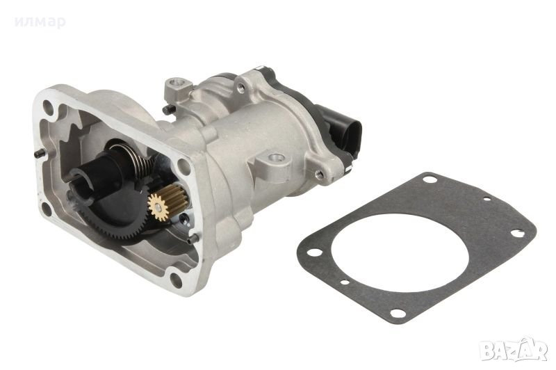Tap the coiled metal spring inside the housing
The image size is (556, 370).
coord(136,156)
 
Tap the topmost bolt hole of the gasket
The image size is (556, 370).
coord(430,179)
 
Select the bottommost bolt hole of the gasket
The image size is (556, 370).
coord(398,313)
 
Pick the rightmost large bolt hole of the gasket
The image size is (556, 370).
coord(517,233)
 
